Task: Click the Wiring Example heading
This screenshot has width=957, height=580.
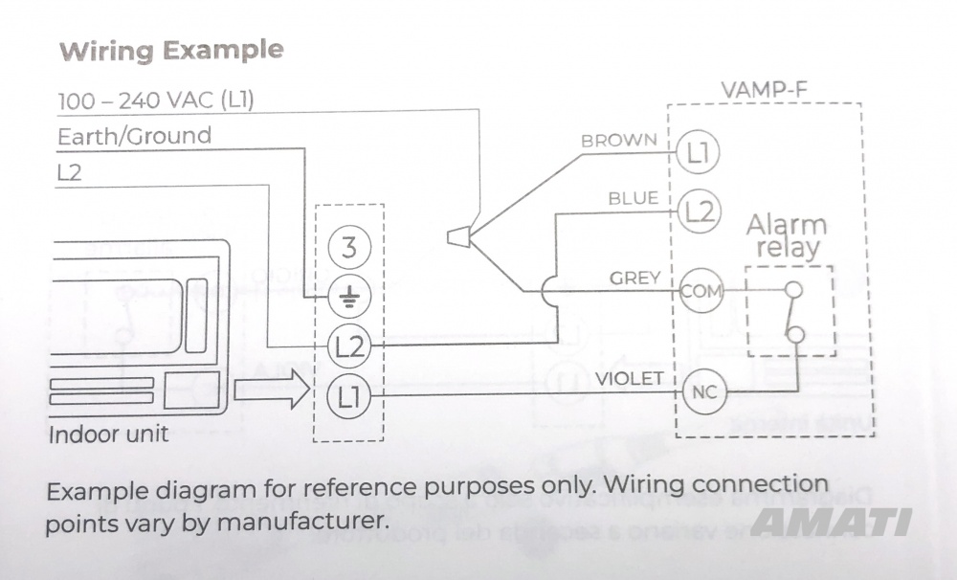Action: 171,51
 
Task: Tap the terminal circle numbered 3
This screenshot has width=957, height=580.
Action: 348,249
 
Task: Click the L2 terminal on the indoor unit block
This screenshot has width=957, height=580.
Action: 348,346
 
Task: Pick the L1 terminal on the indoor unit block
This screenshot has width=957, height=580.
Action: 348,394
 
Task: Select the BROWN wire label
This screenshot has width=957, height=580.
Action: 619,141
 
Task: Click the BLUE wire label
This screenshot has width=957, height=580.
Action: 634,198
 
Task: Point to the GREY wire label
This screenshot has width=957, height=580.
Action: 635,279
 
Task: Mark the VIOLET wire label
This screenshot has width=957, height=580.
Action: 629,379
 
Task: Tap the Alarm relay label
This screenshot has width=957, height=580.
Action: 786,237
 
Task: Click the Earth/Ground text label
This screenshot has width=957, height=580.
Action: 134,136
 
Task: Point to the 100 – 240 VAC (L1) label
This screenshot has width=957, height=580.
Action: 155,100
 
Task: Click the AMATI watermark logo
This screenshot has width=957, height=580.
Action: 831,522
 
